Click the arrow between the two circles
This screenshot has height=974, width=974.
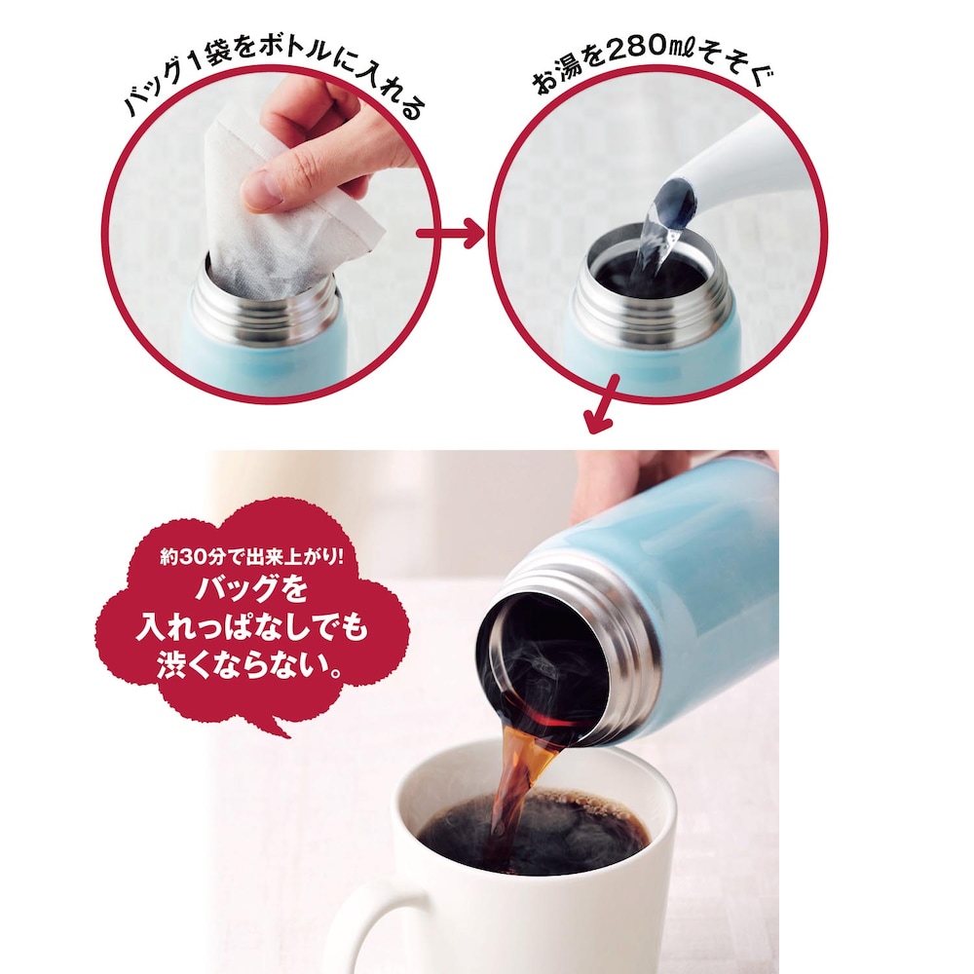click(x=449, y=234)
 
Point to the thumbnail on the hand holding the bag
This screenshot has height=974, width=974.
click(x=262, y=186)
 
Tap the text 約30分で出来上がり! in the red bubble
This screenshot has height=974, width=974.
click(x=251, y=556)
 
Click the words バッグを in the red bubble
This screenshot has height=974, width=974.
click(x=252, y=589)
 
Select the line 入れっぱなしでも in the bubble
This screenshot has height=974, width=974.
click(x=252, y=626)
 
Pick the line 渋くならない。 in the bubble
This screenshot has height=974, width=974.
click(x=250, y=664)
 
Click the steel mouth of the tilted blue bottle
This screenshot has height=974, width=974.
click(x=562, y=653)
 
